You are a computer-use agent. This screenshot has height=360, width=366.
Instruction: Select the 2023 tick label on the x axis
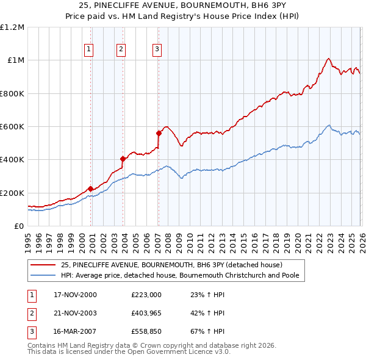(x=329, y=236)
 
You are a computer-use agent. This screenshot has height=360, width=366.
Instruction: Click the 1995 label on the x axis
(x=28, y=236)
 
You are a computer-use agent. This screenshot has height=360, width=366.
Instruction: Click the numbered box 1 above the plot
(x=89, y=49)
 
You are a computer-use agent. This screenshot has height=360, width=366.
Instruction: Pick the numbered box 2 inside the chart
(x=121, y=49)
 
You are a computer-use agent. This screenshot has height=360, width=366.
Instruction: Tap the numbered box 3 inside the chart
(x=157, y=49)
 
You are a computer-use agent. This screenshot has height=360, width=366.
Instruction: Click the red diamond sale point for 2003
(x=123, y=159)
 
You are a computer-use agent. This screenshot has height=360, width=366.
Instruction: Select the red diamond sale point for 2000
(x=91, y=189)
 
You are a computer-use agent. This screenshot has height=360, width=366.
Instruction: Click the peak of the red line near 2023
(x=328, y=59)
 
